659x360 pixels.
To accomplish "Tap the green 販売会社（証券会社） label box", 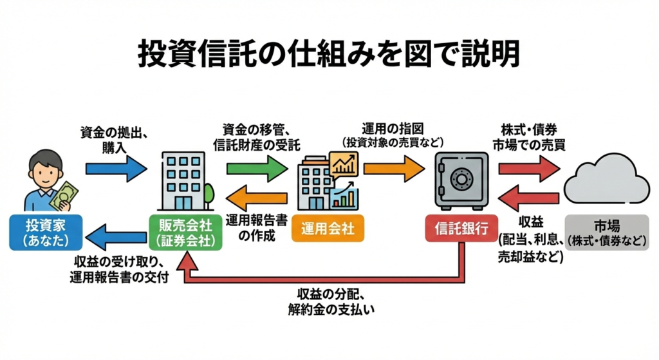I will [186, 233].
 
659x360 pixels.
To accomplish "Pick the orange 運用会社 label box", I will [328, 229].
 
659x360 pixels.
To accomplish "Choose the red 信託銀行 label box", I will [461, 229].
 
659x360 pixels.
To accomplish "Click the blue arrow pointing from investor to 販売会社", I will [116, 169].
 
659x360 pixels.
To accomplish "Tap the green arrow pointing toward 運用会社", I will [257, 169].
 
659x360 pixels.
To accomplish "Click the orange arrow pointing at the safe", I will [394, 169].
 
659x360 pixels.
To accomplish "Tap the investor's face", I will [46, 171].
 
